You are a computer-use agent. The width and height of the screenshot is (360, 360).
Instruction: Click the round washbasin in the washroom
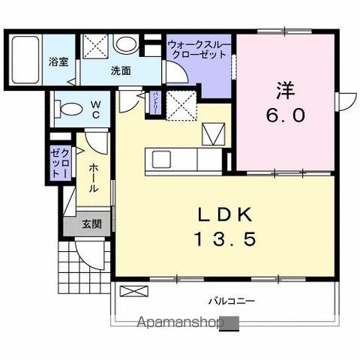click(124, 44)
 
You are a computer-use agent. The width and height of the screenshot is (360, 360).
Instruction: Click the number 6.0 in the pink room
click(285, 117)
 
